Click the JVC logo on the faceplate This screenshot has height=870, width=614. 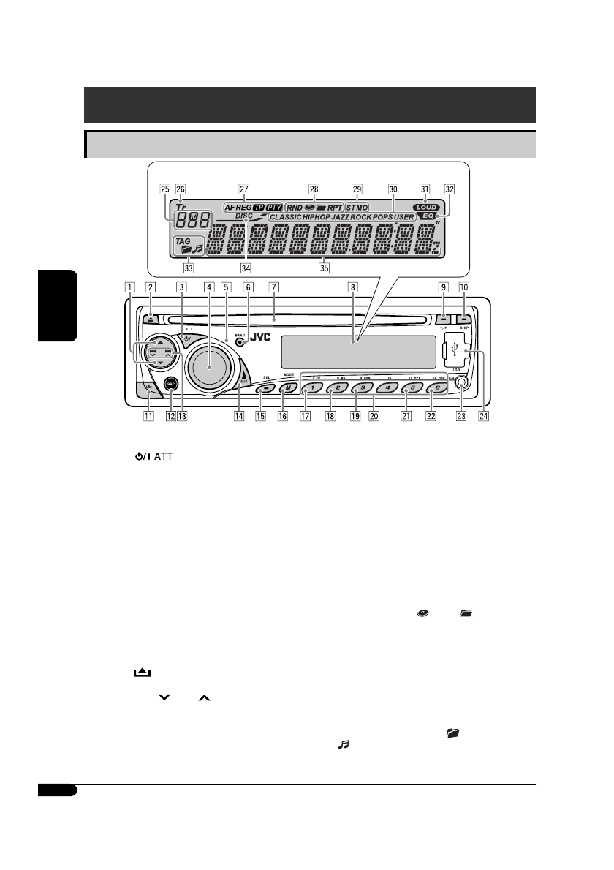(265, 338)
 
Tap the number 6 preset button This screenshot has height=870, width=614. (433, 389)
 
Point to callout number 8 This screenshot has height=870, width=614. (352, 288)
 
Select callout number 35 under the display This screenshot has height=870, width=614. (324, 268)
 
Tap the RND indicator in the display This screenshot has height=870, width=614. (295, 207)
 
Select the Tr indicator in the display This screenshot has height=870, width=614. (181, 206)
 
